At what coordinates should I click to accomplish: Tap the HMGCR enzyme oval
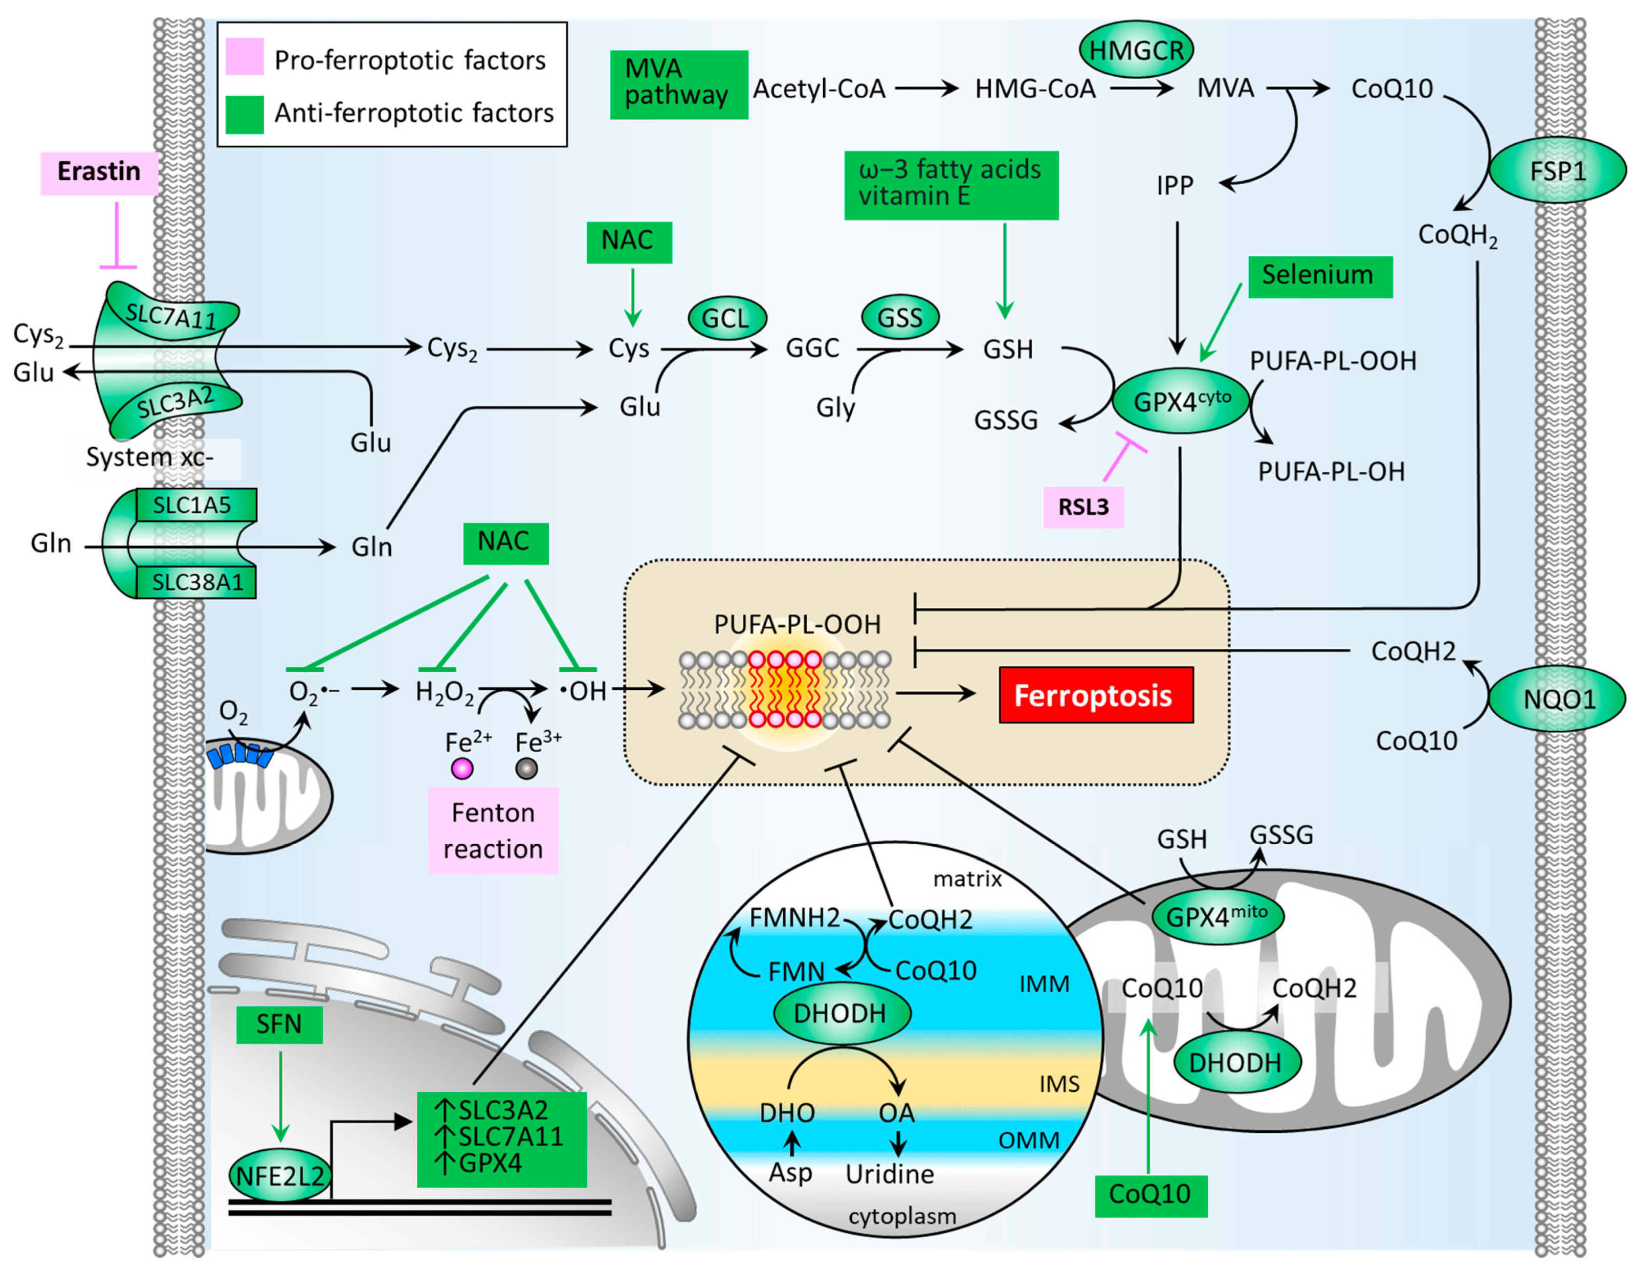pyautogui.click(x=1136, y=50)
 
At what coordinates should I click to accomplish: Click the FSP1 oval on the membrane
pyautogui.click(x=1557, y=171)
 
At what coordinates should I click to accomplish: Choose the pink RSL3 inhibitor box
pyautogui.click(x=1083, y=507)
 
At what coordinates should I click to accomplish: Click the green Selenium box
pyautogui.click(x=1320, y=276)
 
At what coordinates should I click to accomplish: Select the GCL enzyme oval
pyautogui.click(x=726, y=318)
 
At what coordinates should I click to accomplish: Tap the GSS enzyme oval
pyautogui.click(x=900, y=318)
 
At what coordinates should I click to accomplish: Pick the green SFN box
pyautogui.click(x=279, y=1024)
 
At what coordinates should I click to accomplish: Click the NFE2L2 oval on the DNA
pyautogui.click(x=279, y=1175)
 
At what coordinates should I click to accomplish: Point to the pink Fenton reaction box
pyautogui.click(x=493, y=830)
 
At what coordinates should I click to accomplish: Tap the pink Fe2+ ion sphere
pyautogui.click(x=461, y=769)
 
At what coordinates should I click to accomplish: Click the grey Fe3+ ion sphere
pyautogui.click(x=526, y=769)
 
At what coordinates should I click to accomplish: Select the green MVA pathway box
pyautogui.click(x=678, y=84)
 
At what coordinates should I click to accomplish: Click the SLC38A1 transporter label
pyautogui.click(x=197, y=582)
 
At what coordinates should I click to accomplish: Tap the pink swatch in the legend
pyautogui.click(x=244, y=57)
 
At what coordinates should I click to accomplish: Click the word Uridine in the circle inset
pyautogui.click(x=889, y=1174)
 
